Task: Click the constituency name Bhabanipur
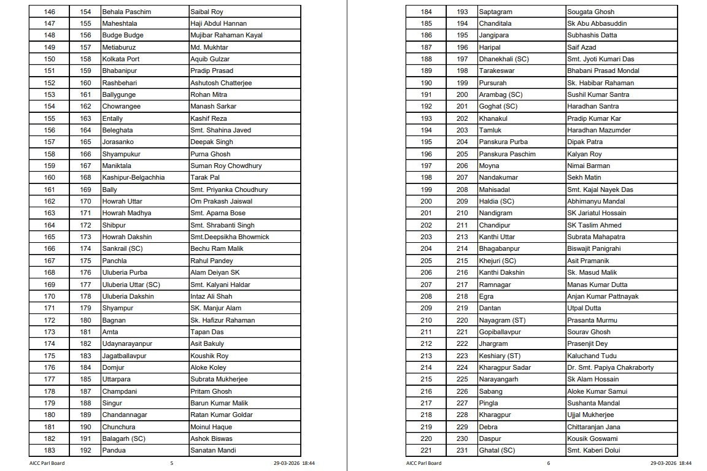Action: tap(118, 71)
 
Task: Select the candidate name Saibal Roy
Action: tap(207, 12)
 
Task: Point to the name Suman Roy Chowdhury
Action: tap(226, 166)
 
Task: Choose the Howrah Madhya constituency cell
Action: tap(126, 213)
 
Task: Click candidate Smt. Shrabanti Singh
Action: tap(222, 225)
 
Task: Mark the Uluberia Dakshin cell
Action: tap(128, 296)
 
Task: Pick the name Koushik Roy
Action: tap(209, 356)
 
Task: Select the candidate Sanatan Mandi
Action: tap(213, 450)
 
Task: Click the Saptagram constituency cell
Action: tap(495, 12)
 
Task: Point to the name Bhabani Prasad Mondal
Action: tap(603, 71)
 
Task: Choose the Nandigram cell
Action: tap(494, 213)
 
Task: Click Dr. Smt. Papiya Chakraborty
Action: tap(610, 367)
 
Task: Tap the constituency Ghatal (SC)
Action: tap(497, 450)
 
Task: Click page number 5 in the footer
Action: tap(171, 463)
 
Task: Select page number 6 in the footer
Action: tap(549, 463)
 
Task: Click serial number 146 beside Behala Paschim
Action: tap(50, 12)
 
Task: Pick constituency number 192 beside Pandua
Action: tap(85, 450)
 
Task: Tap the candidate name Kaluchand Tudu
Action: tap(592, 356)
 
